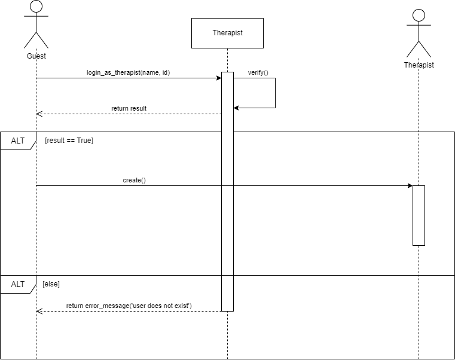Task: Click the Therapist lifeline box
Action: (227, 33)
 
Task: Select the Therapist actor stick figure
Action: (419, 33)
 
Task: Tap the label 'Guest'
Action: (36, 56)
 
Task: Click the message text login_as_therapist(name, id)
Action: (129, 72)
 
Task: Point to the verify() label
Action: (258, 72)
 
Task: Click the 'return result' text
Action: (129, 108)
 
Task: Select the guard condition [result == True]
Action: (69, 141)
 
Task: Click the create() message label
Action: (134, 179)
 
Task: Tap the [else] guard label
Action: (51, 284)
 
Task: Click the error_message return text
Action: (129, 306)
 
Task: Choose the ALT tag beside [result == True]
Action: (19, 141)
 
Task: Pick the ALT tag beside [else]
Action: (19, 284)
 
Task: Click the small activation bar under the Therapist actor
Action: (419, 215)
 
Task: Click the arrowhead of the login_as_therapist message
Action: (219, 78)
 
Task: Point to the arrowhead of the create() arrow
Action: (410, 185)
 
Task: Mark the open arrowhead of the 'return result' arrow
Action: (39, 114)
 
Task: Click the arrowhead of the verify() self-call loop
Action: (236, 108)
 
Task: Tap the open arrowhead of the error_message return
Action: (39, 311)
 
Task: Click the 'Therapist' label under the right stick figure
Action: (419, 65)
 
